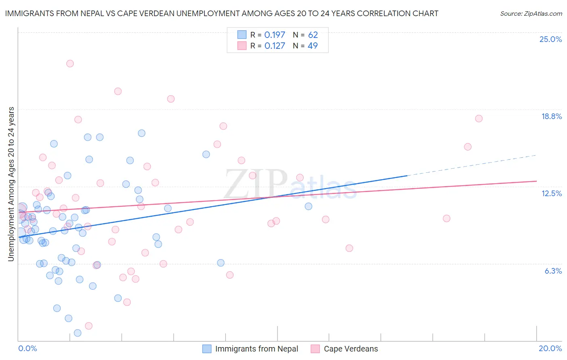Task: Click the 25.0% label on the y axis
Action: [x=550, y=39]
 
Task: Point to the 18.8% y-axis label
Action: [x=551, y=116]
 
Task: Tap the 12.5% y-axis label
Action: [x=551, y=193]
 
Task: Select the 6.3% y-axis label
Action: [x=553, y=271]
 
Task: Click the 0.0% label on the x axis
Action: [x=27, y=348]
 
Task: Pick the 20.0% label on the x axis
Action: [x=550, y=348]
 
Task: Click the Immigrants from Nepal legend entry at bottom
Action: [x=256, y=349]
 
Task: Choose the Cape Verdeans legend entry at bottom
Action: [x=351, y=349]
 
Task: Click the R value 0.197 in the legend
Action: [x=275, y=35]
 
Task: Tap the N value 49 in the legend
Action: [x=313, y=46]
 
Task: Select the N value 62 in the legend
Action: [x=313, y=35]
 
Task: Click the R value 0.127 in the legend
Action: [x=275, y=46]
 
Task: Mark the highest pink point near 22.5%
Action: [x=70, y=63]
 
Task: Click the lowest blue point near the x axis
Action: [x=77, y=333]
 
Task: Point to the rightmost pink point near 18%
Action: [x=479, y=118]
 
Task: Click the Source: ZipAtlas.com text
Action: [x=531, y=14]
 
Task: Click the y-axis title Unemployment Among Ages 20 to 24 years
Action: [x=11, y=184]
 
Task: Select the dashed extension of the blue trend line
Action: [x=472, y=165]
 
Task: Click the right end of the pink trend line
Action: [x=536, y=181]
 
